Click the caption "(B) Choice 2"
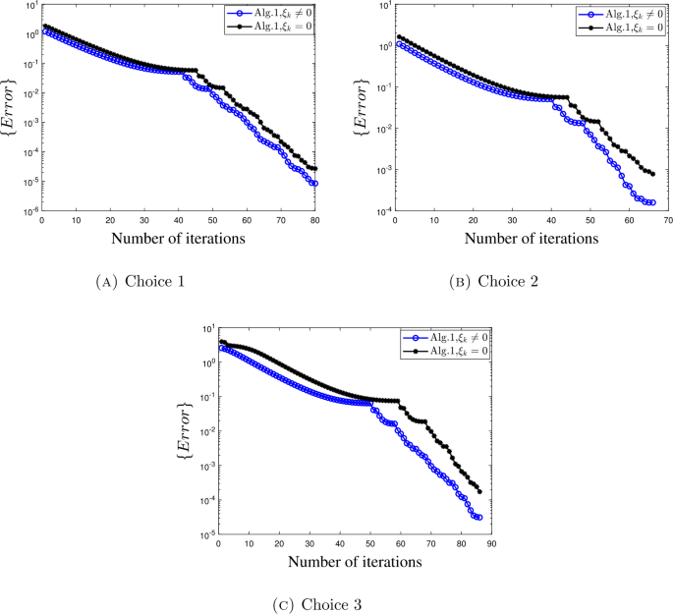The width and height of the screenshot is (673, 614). pos(494,282)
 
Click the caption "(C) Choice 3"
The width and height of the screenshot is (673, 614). pos(317,603)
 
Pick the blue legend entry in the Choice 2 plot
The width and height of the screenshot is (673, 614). pos(620,15)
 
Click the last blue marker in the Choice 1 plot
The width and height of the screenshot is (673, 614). pos(315,184)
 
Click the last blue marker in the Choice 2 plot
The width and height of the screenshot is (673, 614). pos(651,202)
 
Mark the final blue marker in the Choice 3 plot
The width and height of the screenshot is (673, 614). pos(479,517)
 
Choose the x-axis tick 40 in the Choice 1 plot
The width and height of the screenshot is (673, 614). pos(179,219)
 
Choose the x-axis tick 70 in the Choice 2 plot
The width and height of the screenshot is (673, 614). pos(667,219)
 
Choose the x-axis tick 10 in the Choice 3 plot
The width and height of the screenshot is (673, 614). pos(249,543)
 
